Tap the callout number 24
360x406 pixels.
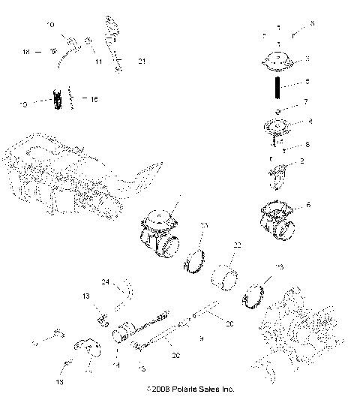pyautogui.click(x=106, y=282)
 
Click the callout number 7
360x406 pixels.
pyautogui.click(x=305, y=101)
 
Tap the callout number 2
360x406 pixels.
pyautogui.click(x=301, y=161)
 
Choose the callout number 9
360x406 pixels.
pyautogui.click(x=199, y=339)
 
